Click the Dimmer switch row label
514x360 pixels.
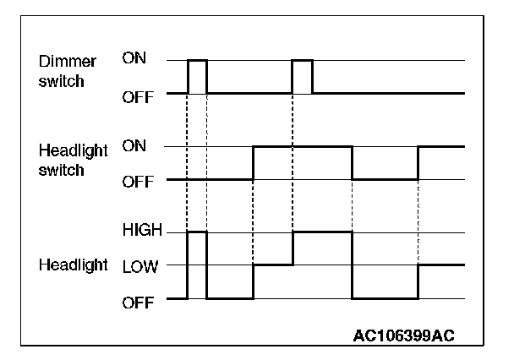coord(68,71)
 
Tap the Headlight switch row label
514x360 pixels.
coord(73,159)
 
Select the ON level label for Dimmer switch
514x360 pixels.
coord(134,58)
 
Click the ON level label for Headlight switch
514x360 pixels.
coord(134,146)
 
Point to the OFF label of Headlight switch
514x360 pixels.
coord(138,181)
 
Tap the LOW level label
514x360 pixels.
coord(139,265)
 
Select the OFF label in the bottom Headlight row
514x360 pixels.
coord(138,299)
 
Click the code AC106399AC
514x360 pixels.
coord(404,335)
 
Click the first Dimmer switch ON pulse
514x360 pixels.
coord(197,61)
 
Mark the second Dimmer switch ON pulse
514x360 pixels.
coord(302,61)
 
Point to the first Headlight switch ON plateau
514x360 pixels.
coord(302,146)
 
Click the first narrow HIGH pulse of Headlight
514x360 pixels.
coord(197,232)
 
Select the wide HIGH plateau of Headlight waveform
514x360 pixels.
coord(322,232)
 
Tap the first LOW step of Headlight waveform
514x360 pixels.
coord(272,265)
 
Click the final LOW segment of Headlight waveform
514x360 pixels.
coord(440,265)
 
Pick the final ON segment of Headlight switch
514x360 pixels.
coord(440,146)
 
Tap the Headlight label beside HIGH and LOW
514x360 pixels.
coord(73,265)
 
